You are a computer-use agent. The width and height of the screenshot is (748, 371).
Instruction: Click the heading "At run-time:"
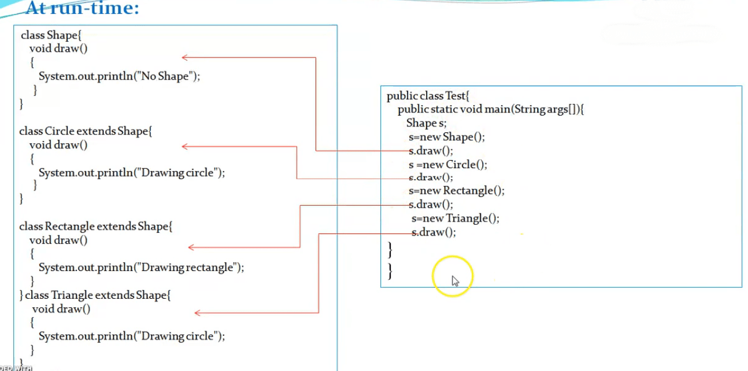tap(82, 9)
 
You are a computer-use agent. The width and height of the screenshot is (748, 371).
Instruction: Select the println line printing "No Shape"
tap(119, 76)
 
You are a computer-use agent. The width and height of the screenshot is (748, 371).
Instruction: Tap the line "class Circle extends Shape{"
tap(86, 131)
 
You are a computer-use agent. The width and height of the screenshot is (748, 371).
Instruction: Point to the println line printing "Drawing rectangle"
tap(141, 268)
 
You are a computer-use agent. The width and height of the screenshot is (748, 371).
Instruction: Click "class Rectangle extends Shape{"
tap(96, 227)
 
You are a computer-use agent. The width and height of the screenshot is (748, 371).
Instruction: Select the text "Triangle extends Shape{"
tap(111, 295)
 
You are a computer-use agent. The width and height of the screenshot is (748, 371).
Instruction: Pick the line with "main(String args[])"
tap(491, 109)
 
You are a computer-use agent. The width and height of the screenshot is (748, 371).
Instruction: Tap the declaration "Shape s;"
tap(426, 123)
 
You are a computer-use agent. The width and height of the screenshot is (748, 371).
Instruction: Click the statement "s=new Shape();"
tap(446, 137)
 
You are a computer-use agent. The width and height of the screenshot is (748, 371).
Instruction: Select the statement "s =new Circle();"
tap(448, 165)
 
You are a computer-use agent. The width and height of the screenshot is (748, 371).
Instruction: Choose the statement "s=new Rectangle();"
tap(457, 191)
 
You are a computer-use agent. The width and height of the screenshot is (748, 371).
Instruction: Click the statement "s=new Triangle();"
tap(456, 218)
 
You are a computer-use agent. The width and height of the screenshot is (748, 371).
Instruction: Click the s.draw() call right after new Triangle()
tap(434, 232)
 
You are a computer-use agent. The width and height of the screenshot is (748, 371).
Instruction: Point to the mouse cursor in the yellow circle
tap(455, 281)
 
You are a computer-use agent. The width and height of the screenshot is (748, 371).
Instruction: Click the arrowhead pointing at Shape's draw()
tap(185, 57)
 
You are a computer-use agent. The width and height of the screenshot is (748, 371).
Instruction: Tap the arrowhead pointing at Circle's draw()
tap(185, 146)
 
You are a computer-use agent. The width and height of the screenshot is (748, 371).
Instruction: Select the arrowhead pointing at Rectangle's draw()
tap(191, 247)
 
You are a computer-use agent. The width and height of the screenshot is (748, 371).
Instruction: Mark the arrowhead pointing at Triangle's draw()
tap(198, 313)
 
